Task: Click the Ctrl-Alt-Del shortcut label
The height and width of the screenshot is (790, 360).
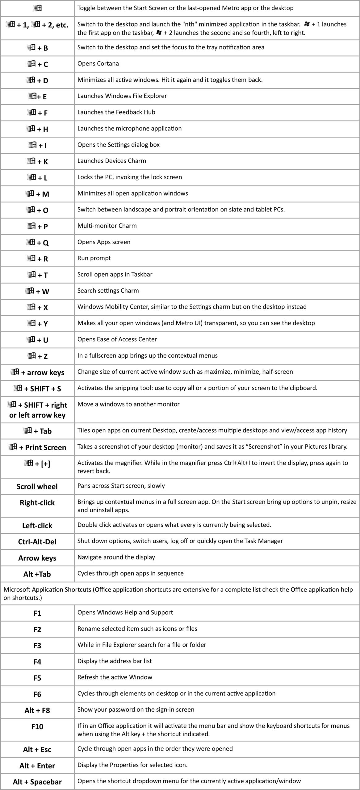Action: click(37, 542)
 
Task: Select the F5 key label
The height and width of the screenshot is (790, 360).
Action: click(37, 678)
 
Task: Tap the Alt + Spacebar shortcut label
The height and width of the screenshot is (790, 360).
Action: click(37, 782)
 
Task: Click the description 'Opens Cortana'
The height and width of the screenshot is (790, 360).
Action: click(98, 64)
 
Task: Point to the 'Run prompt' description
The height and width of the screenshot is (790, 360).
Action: click(94, 258)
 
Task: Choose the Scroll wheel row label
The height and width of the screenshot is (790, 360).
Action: click(37, 487)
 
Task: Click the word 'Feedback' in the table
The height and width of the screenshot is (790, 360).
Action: click(129, 112)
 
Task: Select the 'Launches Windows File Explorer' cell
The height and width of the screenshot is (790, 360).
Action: click(122, 96)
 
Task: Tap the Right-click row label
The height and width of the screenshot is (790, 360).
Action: click(37, 503)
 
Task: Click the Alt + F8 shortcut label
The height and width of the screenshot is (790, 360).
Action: click(37, 710)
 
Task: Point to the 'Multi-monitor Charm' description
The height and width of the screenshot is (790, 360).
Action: click(107, 226)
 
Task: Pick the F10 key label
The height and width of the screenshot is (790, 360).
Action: click(37, 726)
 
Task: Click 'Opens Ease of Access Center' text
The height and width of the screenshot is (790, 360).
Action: click(117, 339)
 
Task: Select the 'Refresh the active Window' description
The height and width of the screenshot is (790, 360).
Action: click(115, 677)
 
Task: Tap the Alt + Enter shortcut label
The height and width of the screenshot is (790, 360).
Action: click(37, 766)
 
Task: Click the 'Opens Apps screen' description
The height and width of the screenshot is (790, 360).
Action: click(104, 242)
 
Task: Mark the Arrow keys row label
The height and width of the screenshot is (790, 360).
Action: click(37, 558)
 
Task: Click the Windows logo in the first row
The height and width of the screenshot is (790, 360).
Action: click(37, 8)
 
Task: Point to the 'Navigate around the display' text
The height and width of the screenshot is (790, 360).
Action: click(116, 557)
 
